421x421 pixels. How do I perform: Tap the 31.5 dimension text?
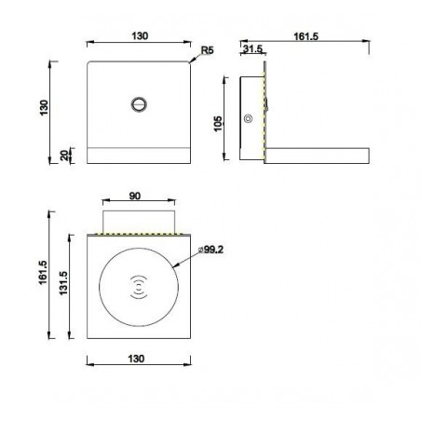252,48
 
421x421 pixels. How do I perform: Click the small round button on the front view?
140,104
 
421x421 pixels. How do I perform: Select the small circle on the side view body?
249,118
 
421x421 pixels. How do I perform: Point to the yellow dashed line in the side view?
265,112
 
